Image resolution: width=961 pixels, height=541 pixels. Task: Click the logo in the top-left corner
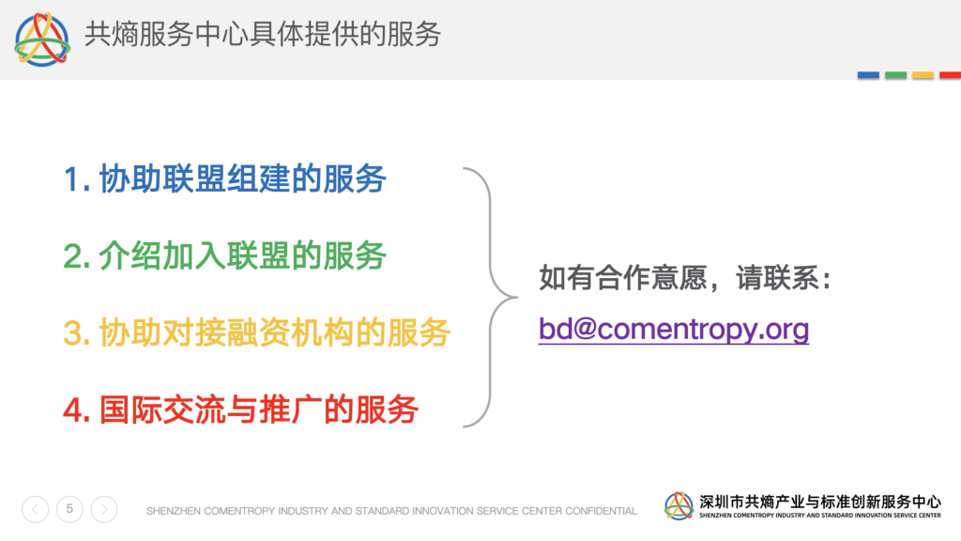[42, 39]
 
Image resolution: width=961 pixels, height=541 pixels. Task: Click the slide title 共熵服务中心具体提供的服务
[263, 34]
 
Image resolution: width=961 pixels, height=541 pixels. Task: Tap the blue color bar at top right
[868, 75]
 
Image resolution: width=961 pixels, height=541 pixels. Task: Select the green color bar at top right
[895, 75]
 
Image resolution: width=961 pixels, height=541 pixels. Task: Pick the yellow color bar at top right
[923, 75]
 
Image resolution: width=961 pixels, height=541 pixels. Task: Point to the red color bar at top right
[950, 75]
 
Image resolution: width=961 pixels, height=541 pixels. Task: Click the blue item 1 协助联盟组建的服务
[225, 179]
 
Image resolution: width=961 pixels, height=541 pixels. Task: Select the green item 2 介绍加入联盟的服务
[225, 255]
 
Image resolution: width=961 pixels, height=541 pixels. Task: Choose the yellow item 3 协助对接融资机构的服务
[257, 333]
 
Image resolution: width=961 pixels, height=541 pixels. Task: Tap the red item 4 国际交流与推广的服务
[241, 410]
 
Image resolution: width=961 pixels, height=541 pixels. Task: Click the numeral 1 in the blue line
[71, 179]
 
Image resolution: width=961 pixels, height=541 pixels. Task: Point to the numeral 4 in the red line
[73, 410]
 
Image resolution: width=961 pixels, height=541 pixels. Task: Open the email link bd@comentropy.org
[674, 330]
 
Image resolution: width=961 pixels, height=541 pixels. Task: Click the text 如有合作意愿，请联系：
[686, 278]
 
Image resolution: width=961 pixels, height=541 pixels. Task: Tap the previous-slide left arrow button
[35, 509]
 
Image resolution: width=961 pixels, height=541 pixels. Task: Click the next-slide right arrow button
[104, 509]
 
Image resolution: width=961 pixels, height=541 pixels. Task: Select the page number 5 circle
[69, 509]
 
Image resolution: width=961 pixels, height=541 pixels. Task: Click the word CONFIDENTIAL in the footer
[601, 511]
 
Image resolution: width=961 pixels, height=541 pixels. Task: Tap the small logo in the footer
[679, 506]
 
